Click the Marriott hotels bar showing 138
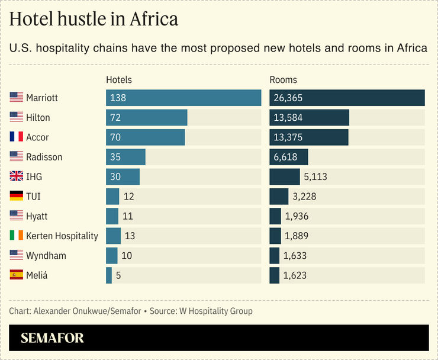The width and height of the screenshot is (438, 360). click(183, 98)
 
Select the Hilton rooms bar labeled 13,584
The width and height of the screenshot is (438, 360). click(309, 117)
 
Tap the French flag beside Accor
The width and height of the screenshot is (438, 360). click(17, 137)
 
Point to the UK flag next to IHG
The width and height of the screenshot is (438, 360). click(17, 176)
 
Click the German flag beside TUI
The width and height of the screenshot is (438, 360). click(17, 196)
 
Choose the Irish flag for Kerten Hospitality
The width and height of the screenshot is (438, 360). click(17, 236)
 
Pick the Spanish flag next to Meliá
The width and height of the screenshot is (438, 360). click(17, 275)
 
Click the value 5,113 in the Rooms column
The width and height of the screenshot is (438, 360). click(315, 176)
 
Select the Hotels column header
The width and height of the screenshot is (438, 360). click(119, 79)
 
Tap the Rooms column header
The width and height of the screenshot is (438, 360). click(284, 79)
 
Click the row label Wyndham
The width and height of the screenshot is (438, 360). click(46, 255)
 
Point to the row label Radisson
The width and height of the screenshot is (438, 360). click(44, 157)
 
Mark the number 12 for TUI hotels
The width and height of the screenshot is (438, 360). click(128, 196)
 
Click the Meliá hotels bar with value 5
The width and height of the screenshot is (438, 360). click(109, 275)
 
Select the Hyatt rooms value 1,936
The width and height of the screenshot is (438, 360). click(297, 216)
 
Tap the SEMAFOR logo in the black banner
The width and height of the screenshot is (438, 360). click(52, 338)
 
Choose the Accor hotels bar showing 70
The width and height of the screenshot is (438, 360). click(146, 137)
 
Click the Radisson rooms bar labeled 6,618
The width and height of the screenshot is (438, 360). click(289, 157)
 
